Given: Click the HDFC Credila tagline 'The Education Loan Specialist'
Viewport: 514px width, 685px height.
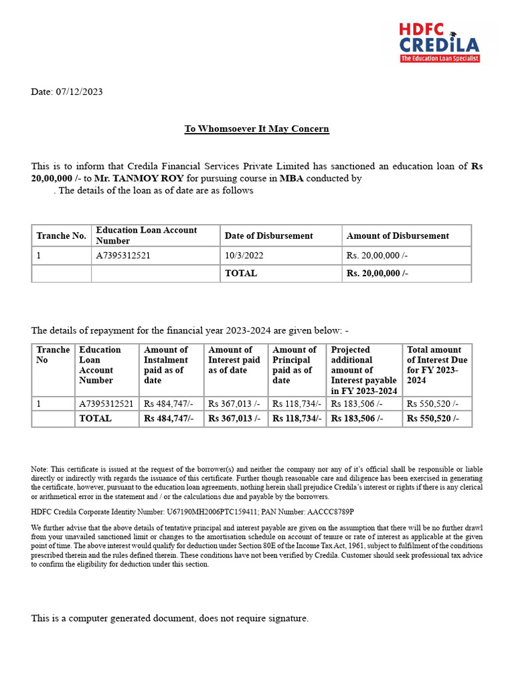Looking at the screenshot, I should pyautogui.click(x=440, y=59).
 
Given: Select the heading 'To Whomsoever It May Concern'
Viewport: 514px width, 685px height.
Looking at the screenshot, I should pyautogui.click(x=257, y=128).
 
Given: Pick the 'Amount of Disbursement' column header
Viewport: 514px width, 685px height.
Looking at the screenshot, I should pyautogui.click(x=398, y=235).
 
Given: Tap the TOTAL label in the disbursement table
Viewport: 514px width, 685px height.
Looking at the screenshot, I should pyautogui.click(x=240, y=273).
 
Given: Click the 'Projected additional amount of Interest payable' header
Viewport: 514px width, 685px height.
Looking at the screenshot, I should pyautogui.click(x=363, y=370).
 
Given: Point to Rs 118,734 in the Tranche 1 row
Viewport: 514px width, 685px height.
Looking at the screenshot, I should pyautogui.click(x=296, y=403).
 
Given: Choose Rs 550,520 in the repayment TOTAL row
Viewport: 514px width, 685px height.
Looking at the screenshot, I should pyautogui.click(x=432, y=418).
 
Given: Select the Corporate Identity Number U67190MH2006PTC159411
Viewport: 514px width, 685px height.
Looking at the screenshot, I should pyautogui.click(x=220, y=512).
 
